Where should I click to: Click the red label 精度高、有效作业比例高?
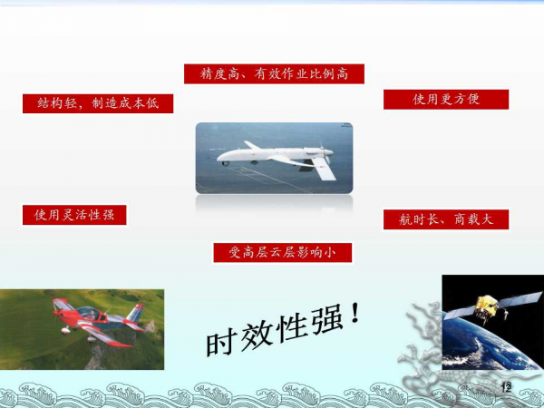click(274, 74)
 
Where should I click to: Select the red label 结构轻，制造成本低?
click(98, 103)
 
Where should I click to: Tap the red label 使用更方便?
click(446, 99)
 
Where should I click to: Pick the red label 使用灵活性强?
click(74, 215)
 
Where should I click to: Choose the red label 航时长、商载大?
click(446, 219)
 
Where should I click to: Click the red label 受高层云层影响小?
click(282, 253)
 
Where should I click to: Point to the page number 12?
click(506, 387)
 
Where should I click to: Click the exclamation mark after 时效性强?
click(355, 313)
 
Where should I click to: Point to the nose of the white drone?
click(220, 158)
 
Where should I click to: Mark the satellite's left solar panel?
click(460, 313)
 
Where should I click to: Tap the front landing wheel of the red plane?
click(65, 331)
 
